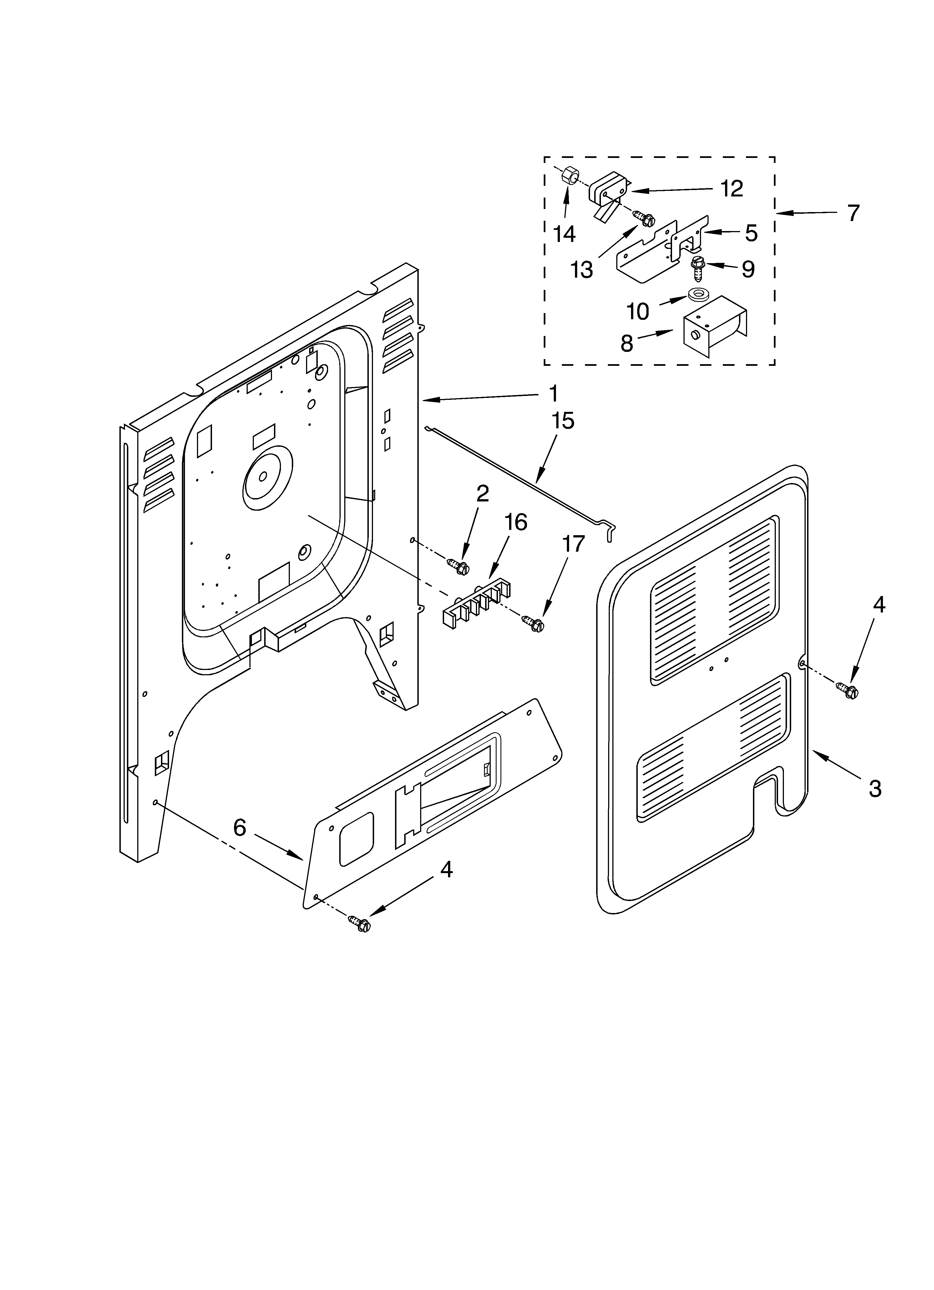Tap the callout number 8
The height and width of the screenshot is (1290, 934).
[x=627, y=343]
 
